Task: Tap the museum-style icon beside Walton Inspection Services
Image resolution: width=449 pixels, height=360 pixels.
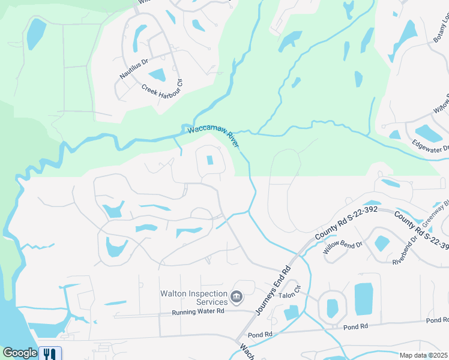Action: tap(237, 297)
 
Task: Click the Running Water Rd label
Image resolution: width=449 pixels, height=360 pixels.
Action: tap(197, 312)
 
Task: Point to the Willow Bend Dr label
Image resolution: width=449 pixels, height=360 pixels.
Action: tap(343, 248)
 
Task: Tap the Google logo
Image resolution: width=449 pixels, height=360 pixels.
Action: tap(20, 353)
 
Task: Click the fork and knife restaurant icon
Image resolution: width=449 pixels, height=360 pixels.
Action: tap(50, 353)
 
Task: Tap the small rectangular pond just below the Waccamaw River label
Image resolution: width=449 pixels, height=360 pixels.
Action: tap(209, 160)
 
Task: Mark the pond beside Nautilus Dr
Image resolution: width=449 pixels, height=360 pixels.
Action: tap(157, 75)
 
